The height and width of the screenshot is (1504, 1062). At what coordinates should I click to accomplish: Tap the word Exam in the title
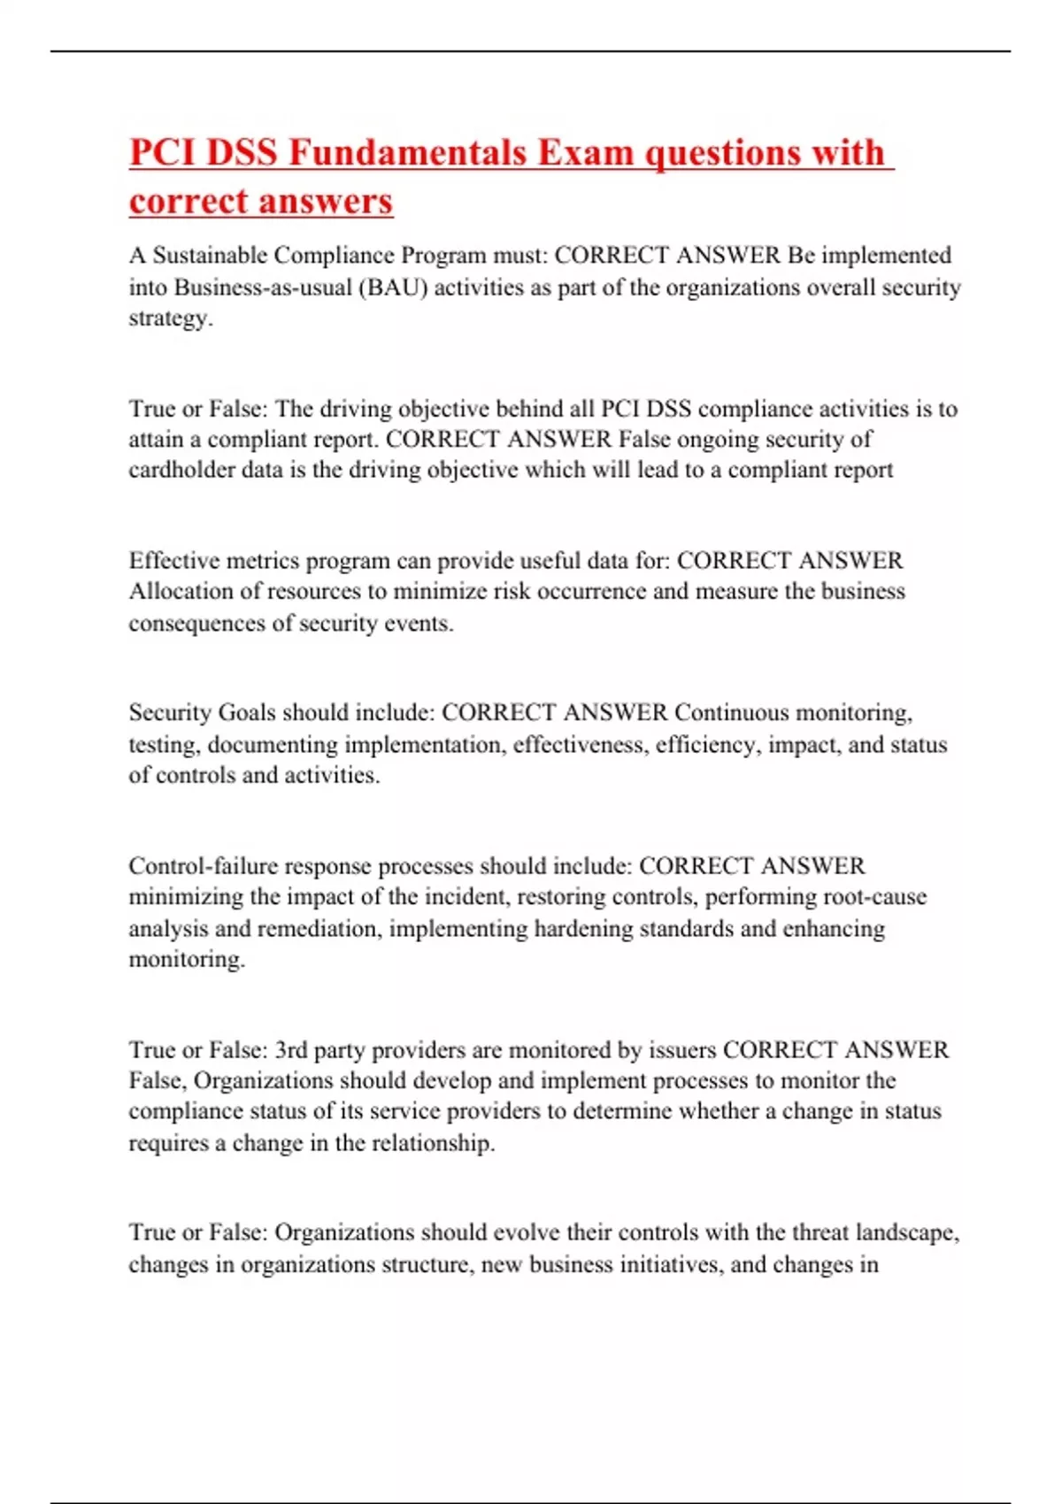pos(586,152)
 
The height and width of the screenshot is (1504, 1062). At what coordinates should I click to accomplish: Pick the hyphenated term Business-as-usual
pos(263,288)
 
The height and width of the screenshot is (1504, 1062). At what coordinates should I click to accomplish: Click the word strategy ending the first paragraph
pos(169,318)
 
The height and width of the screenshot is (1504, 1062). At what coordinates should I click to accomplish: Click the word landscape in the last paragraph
pos(905,1232)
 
